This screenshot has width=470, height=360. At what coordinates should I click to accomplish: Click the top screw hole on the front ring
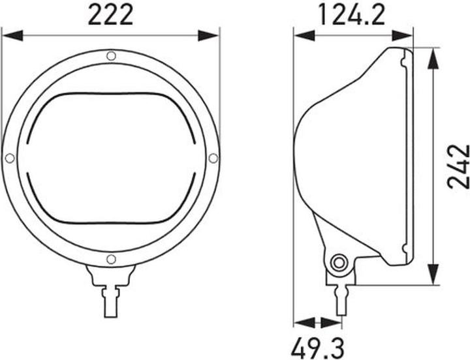(x=111, y=57)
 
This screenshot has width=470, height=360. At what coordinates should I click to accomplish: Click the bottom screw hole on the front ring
(x=111, y=260)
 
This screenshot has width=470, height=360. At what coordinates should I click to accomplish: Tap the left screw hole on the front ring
(x=10, y=158)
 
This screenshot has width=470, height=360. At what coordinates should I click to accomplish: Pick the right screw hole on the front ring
(x=213, y=158)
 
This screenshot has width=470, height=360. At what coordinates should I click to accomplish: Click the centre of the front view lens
(x=111, y=158)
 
